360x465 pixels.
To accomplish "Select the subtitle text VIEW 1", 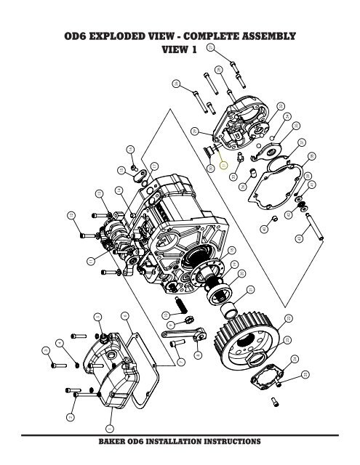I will pos(180,51).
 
